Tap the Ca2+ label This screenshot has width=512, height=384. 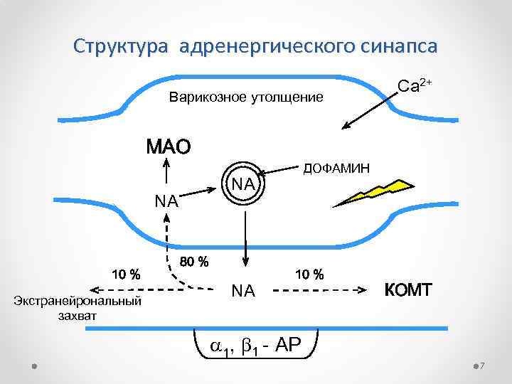pyautogui.click(x=415, y=86)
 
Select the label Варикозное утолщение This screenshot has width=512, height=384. pyautogui.click(x=245, y=97)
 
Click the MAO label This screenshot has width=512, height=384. pyautogui.click(x=169, y=148)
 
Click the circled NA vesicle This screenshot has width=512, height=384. pyautogui.click(x=243, y=184)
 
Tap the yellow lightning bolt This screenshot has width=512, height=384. pyautogui.click(x=373, y=192)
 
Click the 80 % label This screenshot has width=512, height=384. pyautogui.click(x=194, y=262)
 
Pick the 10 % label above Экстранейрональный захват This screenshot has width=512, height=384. pyautogui.click(x=124, y=274)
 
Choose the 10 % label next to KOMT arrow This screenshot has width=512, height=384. pyautogui.click(x=309, y=274)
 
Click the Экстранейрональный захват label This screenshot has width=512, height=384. pyautogui.click(x=78, y=308)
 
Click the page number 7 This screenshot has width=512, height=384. pyautogui.click(x=482, y=366)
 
